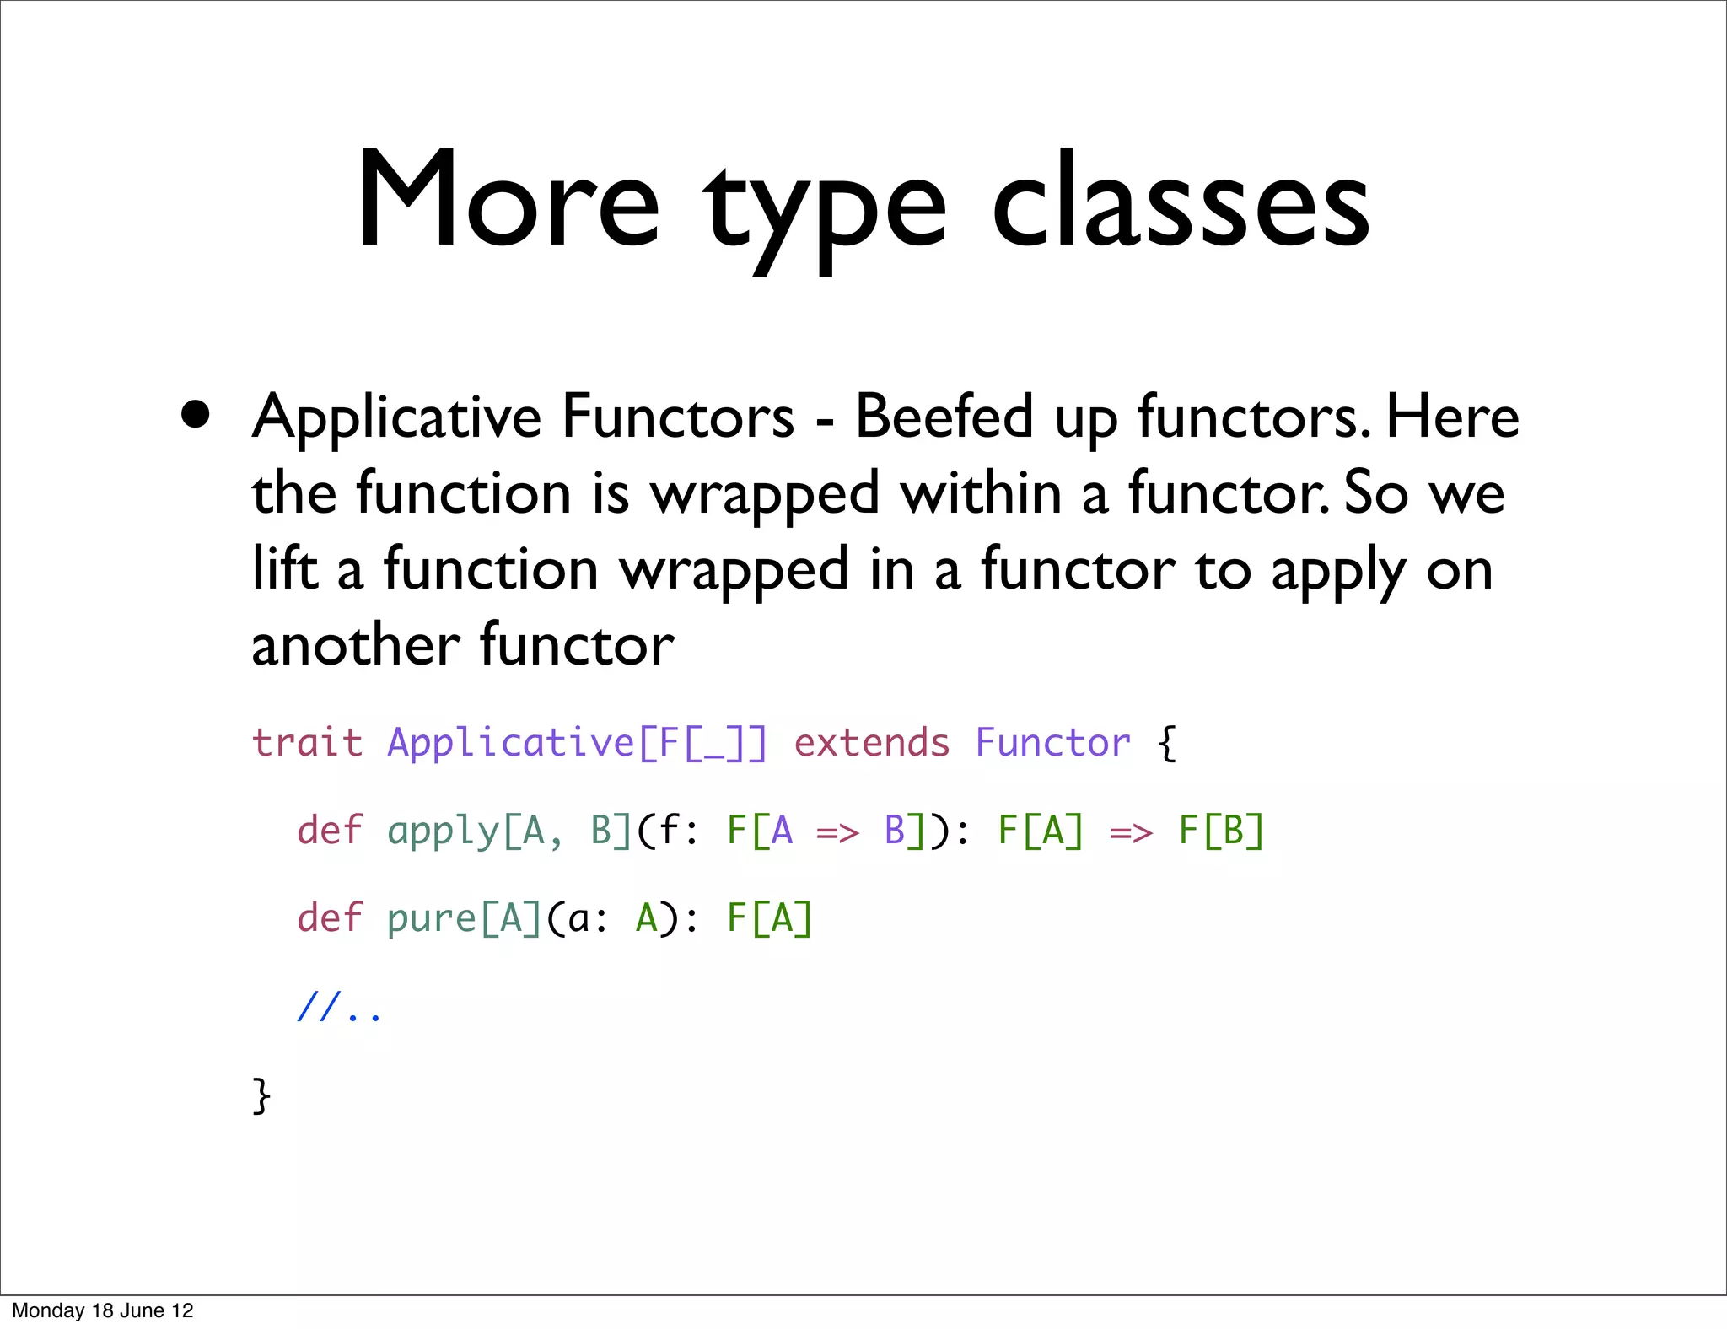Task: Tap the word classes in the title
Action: (1180, 202)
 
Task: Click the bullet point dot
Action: (196, 415)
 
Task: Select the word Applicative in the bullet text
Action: (396, 417)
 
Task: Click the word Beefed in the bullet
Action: (944, 417)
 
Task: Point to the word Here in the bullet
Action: (1452, 417)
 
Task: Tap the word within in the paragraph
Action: (982, 492)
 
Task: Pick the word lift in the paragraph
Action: (285, 568)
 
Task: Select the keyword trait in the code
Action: (307, 743)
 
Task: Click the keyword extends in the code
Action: (872, 743)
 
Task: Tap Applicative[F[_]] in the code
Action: (577, 743)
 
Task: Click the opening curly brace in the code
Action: (1166, 743)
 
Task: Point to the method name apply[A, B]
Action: (508, 831)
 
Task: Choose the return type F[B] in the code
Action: (1221, 831)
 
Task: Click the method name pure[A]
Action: (464, 917)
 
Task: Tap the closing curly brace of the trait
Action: (261, 1095)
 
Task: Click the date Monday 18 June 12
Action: (103, 1310)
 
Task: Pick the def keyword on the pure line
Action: (329, 917)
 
